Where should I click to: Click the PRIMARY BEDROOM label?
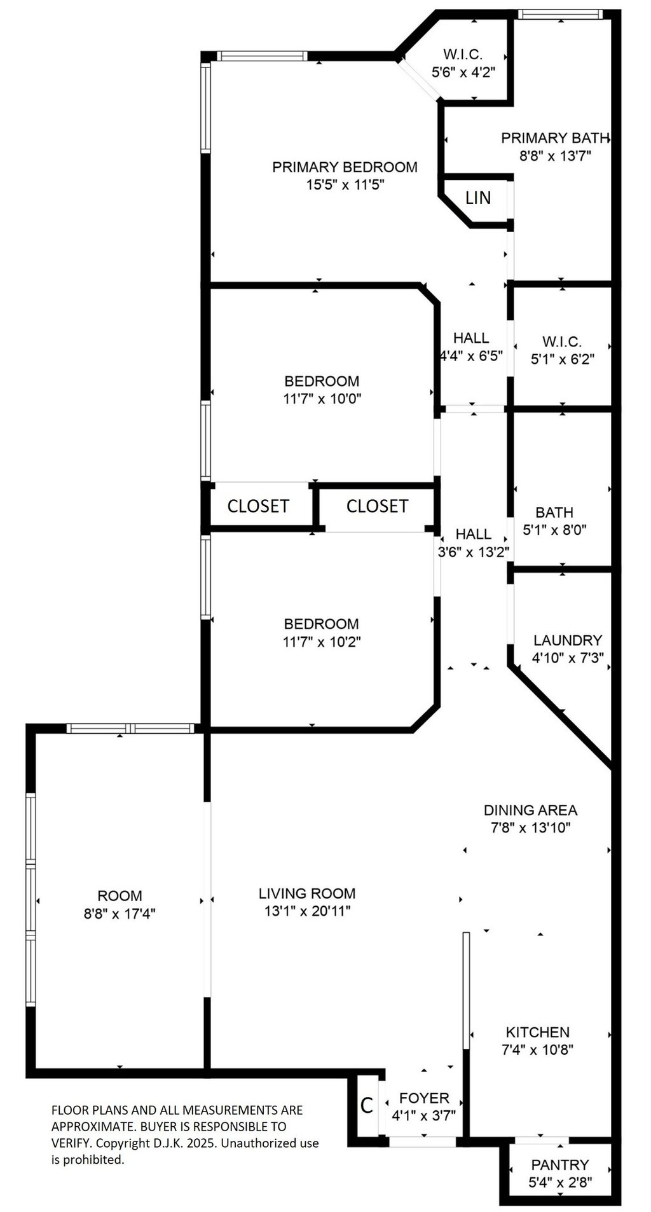pyautogui.click(x=345, y=167)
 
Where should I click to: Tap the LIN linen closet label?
pyautogui.click(x=478, y=198)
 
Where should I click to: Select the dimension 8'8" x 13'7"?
pyautogui.click(x=556, y=155)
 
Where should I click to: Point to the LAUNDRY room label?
pyautogui.click(x=568, y=640)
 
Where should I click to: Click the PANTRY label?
pyautogui.click(x=560, y=1165)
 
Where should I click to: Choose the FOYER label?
pyautogui.click(x=424, y=1098)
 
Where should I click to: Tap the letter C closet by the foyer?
pyautogui.click(x=367, y=1106)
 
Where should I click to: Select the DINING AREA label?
pyautogui.click(x=530, y=810)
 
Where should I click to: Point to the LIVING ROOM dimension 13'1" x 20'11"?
pyautogui.click(x=307, y=911)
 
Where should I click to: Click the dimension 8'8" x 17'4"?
pyautogui.click(x=120, y=914)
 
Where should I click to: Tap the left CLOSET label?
pyautogui.click(x=258, y=506)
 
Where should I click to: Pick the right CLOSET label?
pyautogui.click(x=377, y=506)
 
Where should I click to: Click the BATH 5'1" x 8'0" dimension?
pyautogui.click(x=554, y=529)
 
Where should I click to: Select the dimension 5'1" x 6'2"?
pyautogui.click(x=563, y=359)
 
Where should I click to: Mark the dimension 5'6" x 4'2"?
pyautogui.click(x=463, y=72)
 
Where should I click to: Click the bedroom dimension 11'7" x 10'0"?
pyautogui.click(x=322, y=399)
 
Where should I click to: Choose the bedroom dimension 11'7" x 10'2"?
pyautogui.click(x=322, y=642)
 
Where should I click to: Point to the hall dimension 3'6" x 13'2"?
pyautogui.click(x=474, y=552)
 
